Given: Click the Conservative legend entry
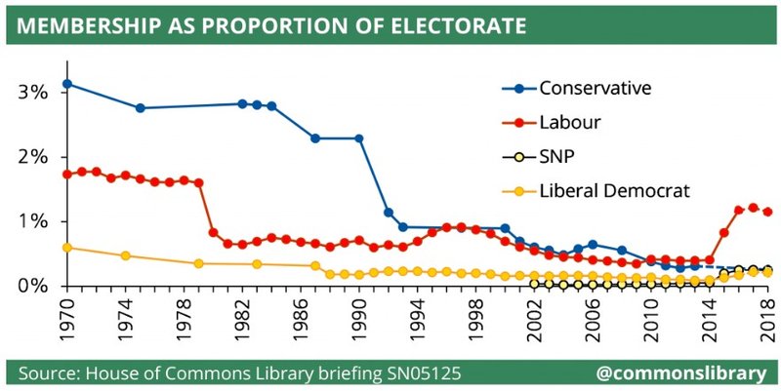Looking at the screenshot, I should pos(596,90).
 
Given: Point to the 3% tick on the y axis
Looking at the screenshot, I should pos(34,93).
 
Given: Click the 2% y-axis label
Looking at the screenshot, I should pos(34,157).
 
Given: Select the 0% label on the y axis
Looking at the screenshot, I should pos(34,286).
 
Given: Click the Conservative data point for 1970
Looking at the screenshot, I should pos(66,84).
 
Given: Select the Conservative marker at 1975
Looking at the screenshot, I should pos(140,108).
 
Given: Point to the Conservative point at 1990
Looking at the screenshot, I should pos(359,138).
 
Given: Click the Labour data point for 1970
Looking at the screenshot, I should pos(66,175).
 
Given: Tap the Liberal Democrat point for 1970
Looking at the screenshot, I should pos(66,248).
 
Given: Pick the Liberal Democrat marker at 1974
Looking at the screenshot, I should pos(125,255).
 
